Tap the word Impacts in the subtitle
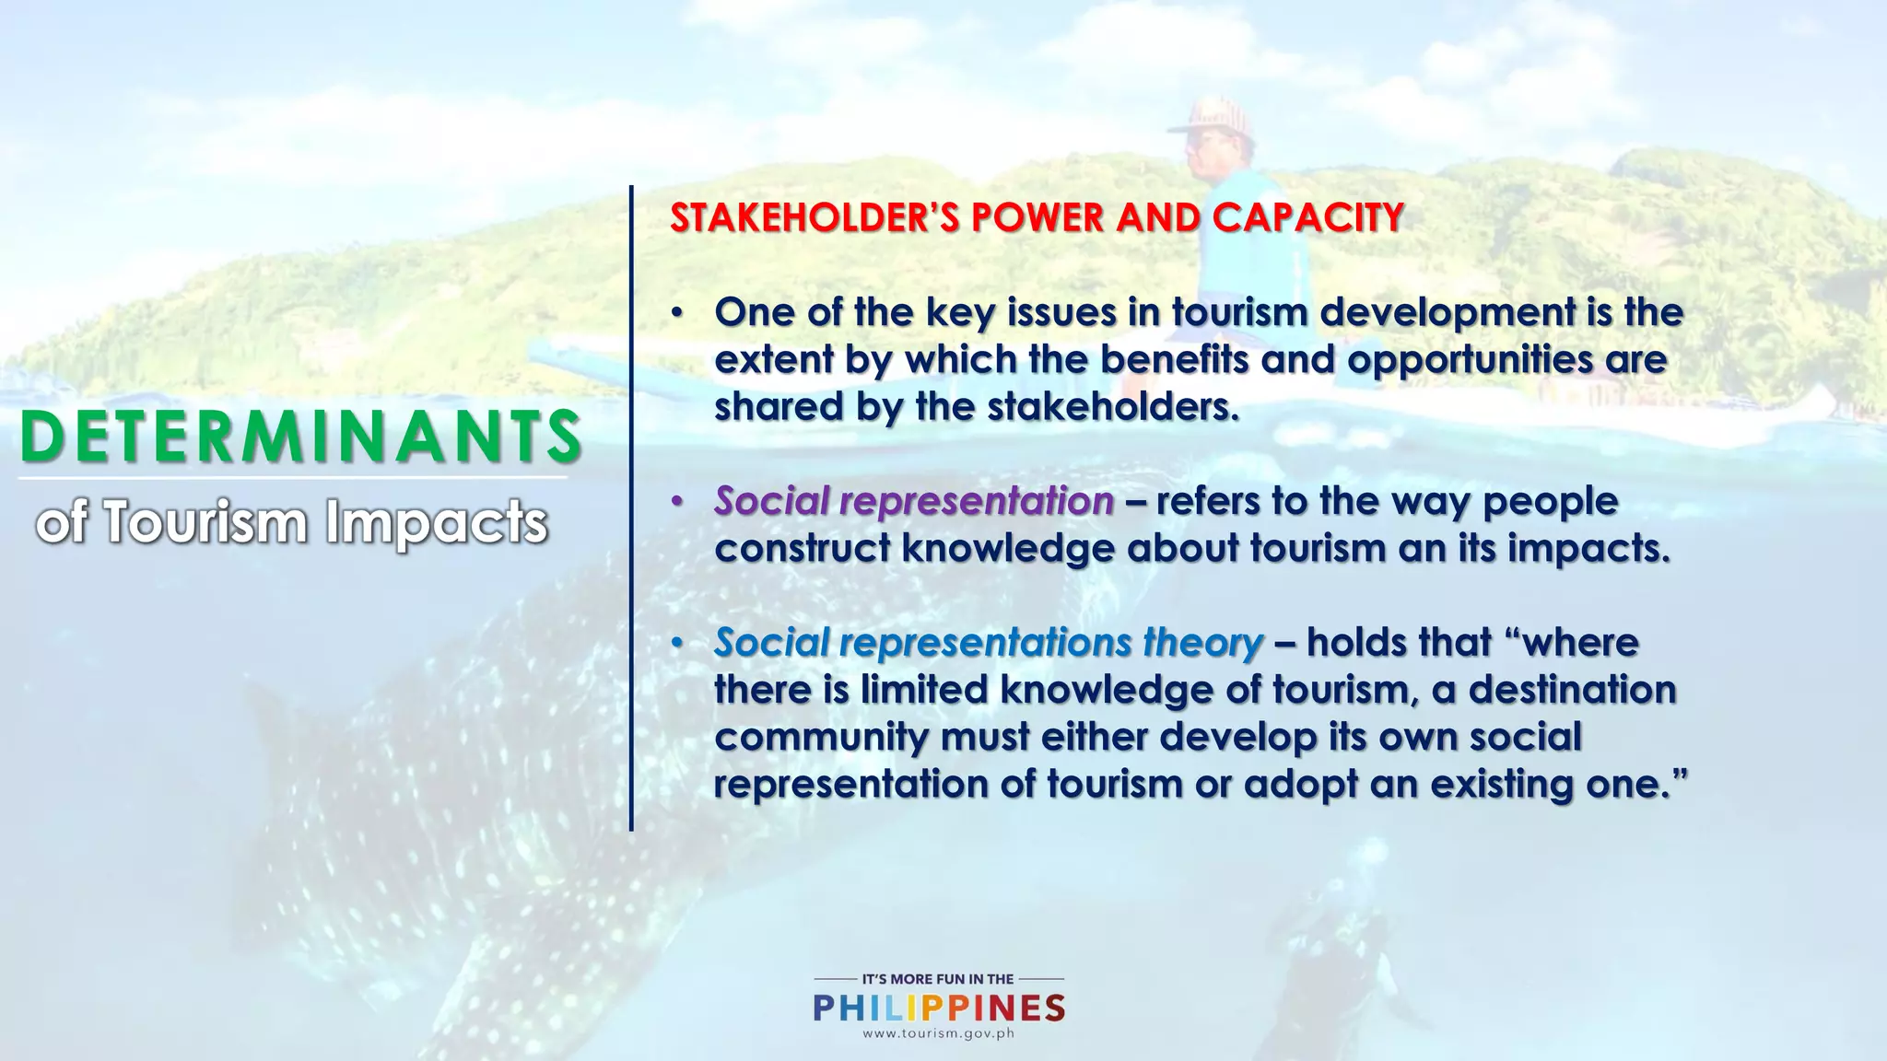[x=436, y=522]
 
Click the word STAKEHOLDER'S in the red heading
[x=815, y=218]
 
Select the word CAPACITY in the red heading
[x=1308, y=218]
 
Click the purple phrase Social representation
[x=914, y=501]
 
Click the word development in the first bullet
[x=1447, y=312]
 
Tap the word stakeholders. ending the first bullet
[x=1113, y=406]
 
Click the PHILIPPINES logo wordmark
[x=939, y=1008]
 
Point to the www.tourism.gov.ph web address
[x=938, y=1033]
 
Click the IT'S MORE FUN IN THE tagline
[x=938, y=979]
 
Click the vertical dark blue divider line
[x=631, y=507]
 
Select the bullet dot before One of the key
[x=677, y=313]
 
